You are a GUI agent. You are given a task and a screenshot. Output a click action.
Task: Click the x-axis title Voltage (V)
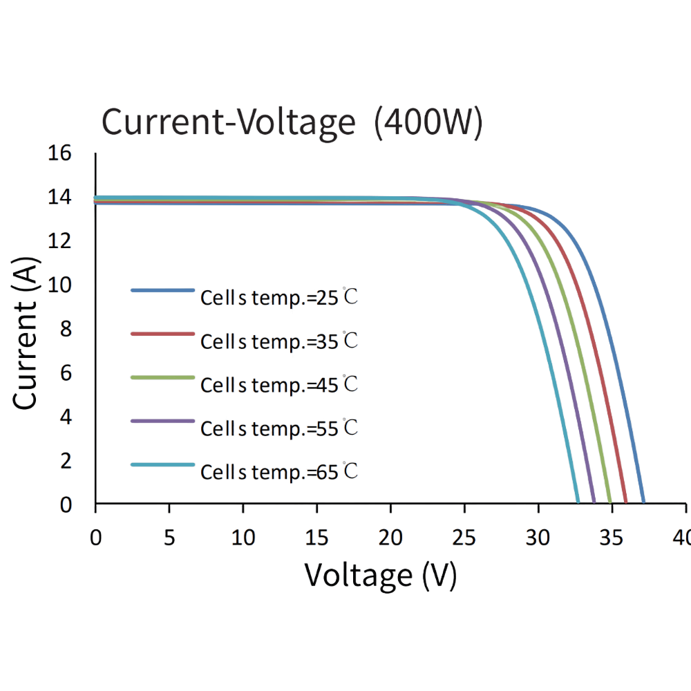pyautogui.click(x=381, y=574)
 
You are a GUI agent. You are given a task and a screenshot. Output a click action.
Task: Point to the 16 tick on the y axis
pyautogui.click(x=61, y=153)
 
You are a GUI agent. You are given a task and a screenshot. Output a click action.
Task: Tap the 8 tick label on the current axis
pyautogui.click(x=66, y=330)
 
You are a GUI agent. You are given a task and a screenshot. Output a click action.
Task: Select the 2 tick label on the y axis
pyautogui.click(x=66, y=461)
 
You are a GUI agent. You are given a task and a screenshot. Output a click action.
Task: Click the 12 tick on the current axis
pyautogui.click(x=61, y=242)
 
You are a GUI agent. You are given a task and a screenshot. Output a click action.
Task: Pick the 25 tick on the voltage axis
pyautogui.click(x=464, y=537)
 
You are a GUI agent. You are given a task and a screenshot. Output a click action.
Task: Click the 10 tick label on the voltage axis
pyautogui.click(x=243, y=537)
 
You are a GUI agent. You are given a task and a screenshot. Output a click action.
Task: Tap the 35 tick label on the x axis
pyautogui.click(x=612, y=537)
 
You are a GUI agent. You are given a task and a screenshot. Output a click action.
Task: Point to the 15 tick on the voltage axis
pyautogui.click(x=317, y=537)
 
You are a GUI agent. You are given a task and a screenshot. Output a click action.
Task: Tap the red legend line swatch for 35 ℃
pyautogui.click(x=162, y=334)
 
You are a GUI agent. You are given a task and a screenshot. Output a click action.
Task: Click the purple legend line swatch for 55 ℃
pyautogui.click(x=162, y=422)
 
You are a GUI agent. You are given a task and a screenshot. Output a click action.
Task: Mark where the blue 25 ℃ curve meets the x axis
pyautogui.click(x=643, y=502)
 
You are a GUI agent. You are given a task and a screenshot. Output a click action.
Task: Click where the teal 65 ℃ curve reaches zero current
pyautogui.click(x=578, y=502)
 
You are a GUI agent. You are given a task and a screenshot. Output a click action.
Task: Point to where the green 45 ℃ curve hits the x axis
pyautogui.click(x=609, y=502)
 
